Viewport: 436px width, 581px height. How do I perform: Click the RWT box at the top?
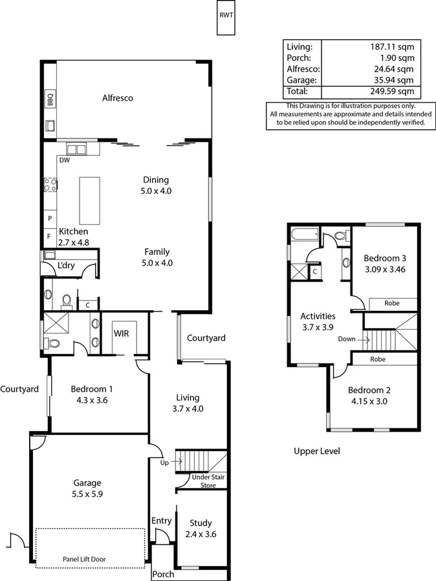(x=226, y=16)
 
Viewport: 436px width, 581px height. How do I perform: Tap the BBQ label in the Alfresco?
(x=49, y=100)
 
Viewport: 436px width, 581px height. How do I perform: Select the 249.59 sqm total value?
(x=393, y=92)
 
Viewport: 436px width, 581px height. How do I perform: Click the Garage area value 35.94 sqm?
(x=393, y=80)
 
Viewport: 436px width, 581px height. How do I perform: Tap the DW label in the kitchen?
(x=64, y=160)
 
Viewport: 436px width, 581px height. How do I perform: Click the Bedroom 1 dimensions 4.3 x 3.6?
(x=91, y=401)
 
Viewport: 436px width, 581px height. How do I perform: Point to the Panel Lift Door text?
(x=89, y=559)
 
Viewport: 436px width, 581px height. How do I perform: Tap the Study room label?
(x=201, y=523)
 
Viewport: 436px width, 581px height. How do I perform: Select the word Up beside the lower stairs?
(x=165, y=462)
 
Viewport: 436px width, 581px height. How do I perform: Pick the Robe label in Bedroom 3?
(x=391, y=302)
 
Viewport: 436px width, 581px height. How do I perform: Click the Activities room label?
(x=318, y=316)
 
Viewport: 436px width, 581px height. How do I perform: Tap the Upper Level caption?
(x=316, y=451)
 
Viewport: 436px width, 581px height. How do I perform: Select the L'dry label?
(x=65, y=266)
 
